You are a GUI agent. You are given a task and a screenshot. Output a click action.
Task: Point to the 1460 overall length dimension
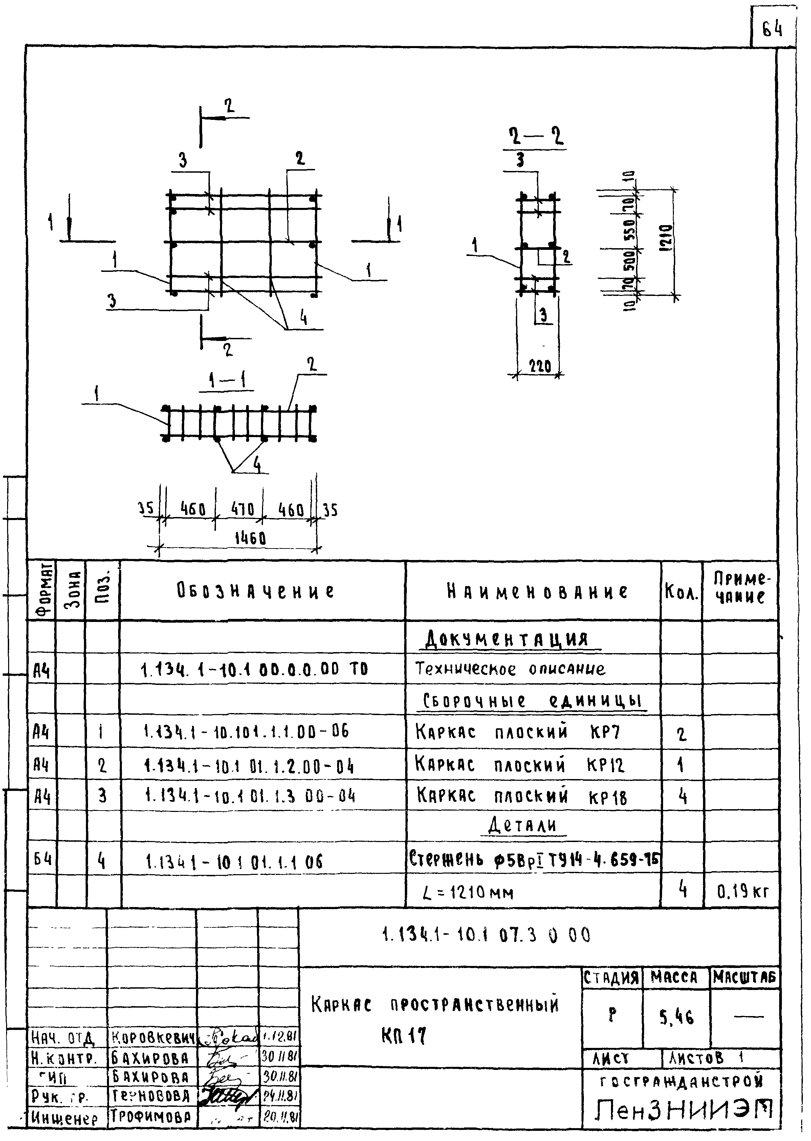click(x=250, y=538)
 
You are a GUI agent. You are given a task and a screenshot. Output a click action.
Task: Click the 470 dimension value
click(x=242, y=509)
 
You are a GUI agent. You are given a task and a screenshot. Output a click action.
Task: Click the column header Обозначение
click(x=255, y=591)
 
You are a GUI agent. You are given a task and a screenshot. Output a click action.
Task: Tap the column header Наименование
click(x=537, y=591)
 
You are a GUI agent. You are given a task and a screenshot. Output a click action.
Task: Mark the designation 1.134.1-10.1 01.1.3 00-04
click(x=250, y=795)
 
